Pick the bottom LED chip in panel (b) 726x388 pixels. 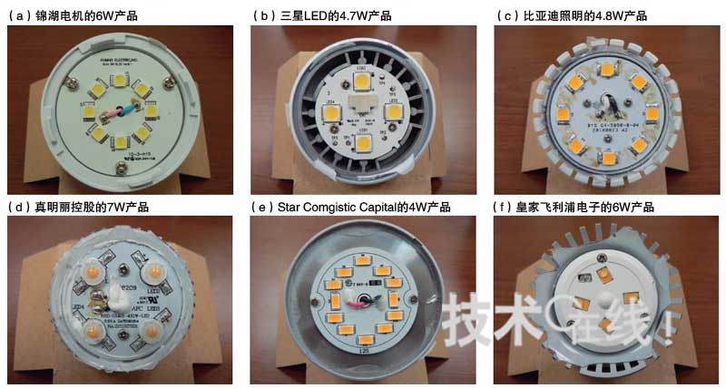(x=363, y=141)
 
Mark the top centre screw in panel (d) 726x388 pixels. (x=123, y=267)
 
